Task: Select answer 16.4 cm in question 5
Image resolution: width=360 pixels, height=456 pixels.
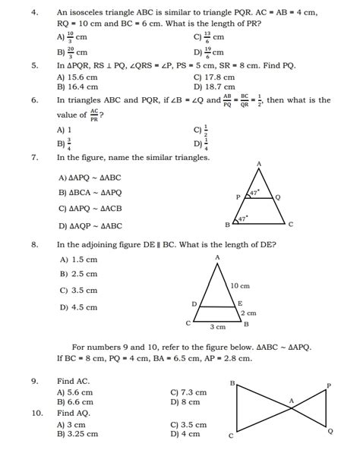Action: coord(77,87)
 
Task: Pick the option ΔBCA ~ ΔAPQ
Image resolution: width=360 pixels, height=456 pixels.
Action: coord(89,193)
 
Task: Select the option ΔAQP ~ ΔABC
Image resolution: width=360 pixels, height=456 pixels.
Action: coord(89,225)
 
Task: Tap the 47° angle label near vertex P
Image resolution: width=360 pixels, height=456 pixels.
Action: coord(255,193)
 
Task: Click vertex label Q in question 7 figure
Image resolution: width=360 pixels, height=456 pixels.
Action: coord(279,196)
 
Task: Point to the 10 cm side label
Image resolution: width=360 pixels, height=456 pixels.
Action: coord(239,286)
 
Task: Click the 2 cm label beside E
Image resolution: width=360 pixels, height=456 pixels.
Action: coord(248,313)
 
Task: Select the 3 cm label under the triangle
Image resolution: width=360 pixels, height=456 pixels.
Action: coord(218,327)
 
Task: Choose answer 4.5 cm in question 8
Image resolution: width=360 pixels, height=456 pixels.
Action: coord(78,307)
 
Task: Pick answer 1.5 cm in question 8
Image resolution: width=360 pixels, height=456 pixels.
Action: coord(78,259)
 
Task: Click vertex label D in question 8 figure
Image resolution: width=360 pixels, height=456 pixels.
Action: coord(194,303)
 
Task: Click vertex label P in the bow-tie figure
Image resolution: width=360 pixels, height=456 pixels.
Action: coord(328,385)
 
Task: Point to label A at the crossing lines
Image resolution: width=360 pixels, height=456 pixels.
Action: coord(291,401)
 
